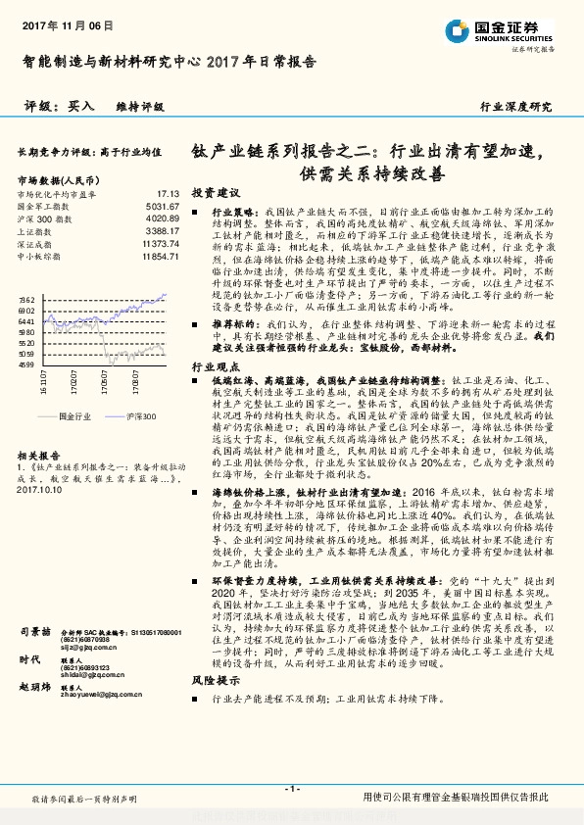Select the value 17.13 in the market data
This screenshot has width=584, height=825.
click(168, 194)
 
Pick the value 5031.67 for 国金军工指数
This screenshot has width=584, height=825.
click(162, 207)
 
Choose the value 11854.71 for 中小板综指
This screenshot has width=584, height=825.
click(160, 256)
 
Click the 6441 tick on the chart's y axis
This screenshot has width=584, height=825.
click(26, 320)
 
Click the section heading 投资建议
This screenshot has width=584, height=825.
click(215, 192)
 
